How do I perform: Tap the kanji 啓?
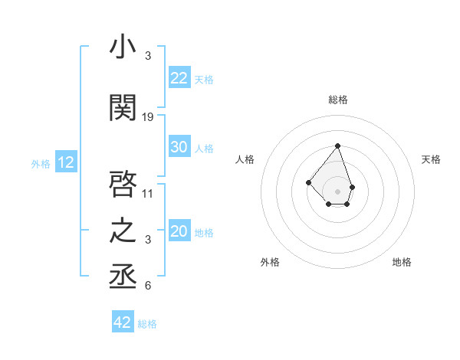[x=123, y=183]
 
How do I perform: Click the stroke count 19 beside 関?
[x=148, y=117]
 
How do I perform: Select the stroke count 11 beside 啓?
[x=148, y=193]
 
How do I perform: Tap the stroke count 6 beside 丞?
[x=148, y=286]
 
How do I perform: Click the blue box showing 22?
[x=179, y=78]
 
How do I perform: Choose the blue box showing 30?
[x=179, y=148]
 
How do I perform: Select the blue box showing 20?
[x=179, y=232]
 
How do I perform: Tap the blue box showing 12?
[x=66, y=162]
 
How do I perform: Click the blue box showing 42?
[x=123, y=322]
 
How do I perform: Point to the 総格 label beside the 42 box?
[x=147, y=324]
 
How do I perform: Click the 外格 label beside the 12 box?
[x=40, y=163]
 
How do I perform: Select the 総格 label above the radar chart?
[x=338, y=100]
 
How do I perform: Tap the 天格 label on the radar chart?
[x=432, y=159]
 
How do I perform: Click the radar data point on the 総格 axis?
[x=337, y=146]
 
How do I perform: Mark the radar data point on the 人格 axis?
[x=308, y=182]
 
